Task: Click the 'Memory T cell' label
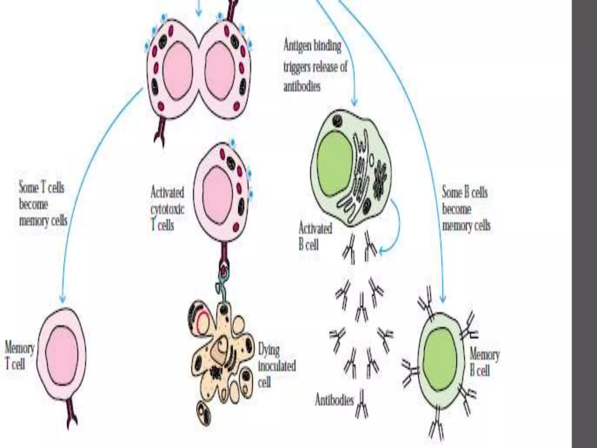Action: click(19, 356)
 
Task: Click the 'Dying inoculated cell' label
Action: click(277, 366)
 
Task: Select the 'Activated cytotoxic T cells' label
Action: click(167, 209)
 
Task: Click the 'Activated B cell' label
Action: click(315, 236)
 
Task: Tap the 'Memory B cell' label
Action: click(484, 363)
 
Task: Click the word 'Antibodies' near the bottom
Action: click(334, 401)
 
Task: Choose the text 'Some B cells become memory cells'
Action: click(466, 209)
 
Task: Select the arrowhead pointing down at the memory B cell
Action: click(443, 299)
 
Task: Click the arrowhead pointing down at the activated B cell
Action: click(354, 102)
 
